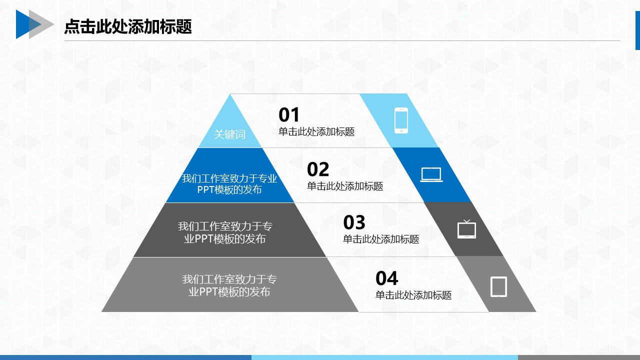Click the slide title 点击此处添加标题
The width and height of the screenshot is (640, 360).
click(x=128, y=26)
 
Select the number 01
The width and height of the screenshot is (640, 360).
click(x=289, y=115)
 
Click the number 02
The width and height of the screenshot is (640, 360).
click(x=318, y=169)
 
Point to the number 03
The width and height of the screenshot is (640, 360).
click(x=354, y=222)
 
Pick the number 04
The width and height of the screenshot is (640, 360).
click(x=387, y=278)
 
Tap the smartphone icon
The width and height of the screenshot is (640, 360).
click(x=401, y=120)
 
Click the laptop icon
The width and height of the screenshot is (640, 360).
click(x=431, y=174)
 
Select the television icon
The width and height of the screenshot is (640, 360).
click(x=466, y=229)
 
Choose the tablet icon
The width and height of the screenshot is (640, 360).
click(x=499, y=286)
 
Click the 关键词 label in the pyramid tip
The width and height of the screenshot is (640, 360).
click(x=229, y=134)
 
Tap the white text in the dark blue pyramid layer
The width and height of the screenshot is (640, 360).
click(x=229, y=184)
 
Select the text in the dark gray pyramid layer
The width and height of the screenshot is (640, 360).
click(x=225, y=232)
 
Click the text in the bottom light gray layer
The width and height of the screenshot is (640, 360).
click(x=229, y=285)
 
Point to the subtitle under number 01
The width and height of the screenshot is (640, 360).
click(x=316, y=131)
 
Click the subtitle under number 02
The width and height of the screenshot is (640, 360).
click(x=345, y=186)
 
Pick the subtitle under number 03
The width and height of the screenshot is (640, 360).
click(x=381, y=239)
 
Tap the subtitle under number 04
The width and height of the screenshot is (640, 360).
click(x=413, y=295)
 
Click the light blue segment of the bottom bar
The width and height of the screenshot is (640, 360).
click(x=384, y=357)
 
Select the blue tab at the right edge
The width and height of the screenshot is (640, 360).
click(x=637, y=30)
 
